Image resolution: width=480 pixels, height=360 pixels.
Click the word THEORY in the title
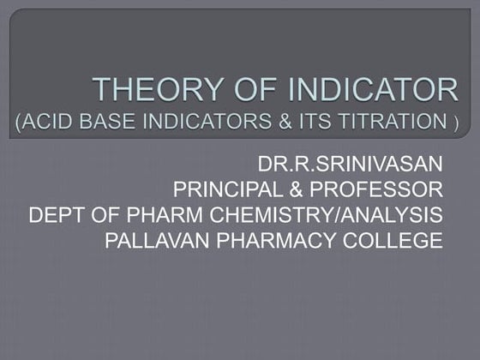coord(147,90)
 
